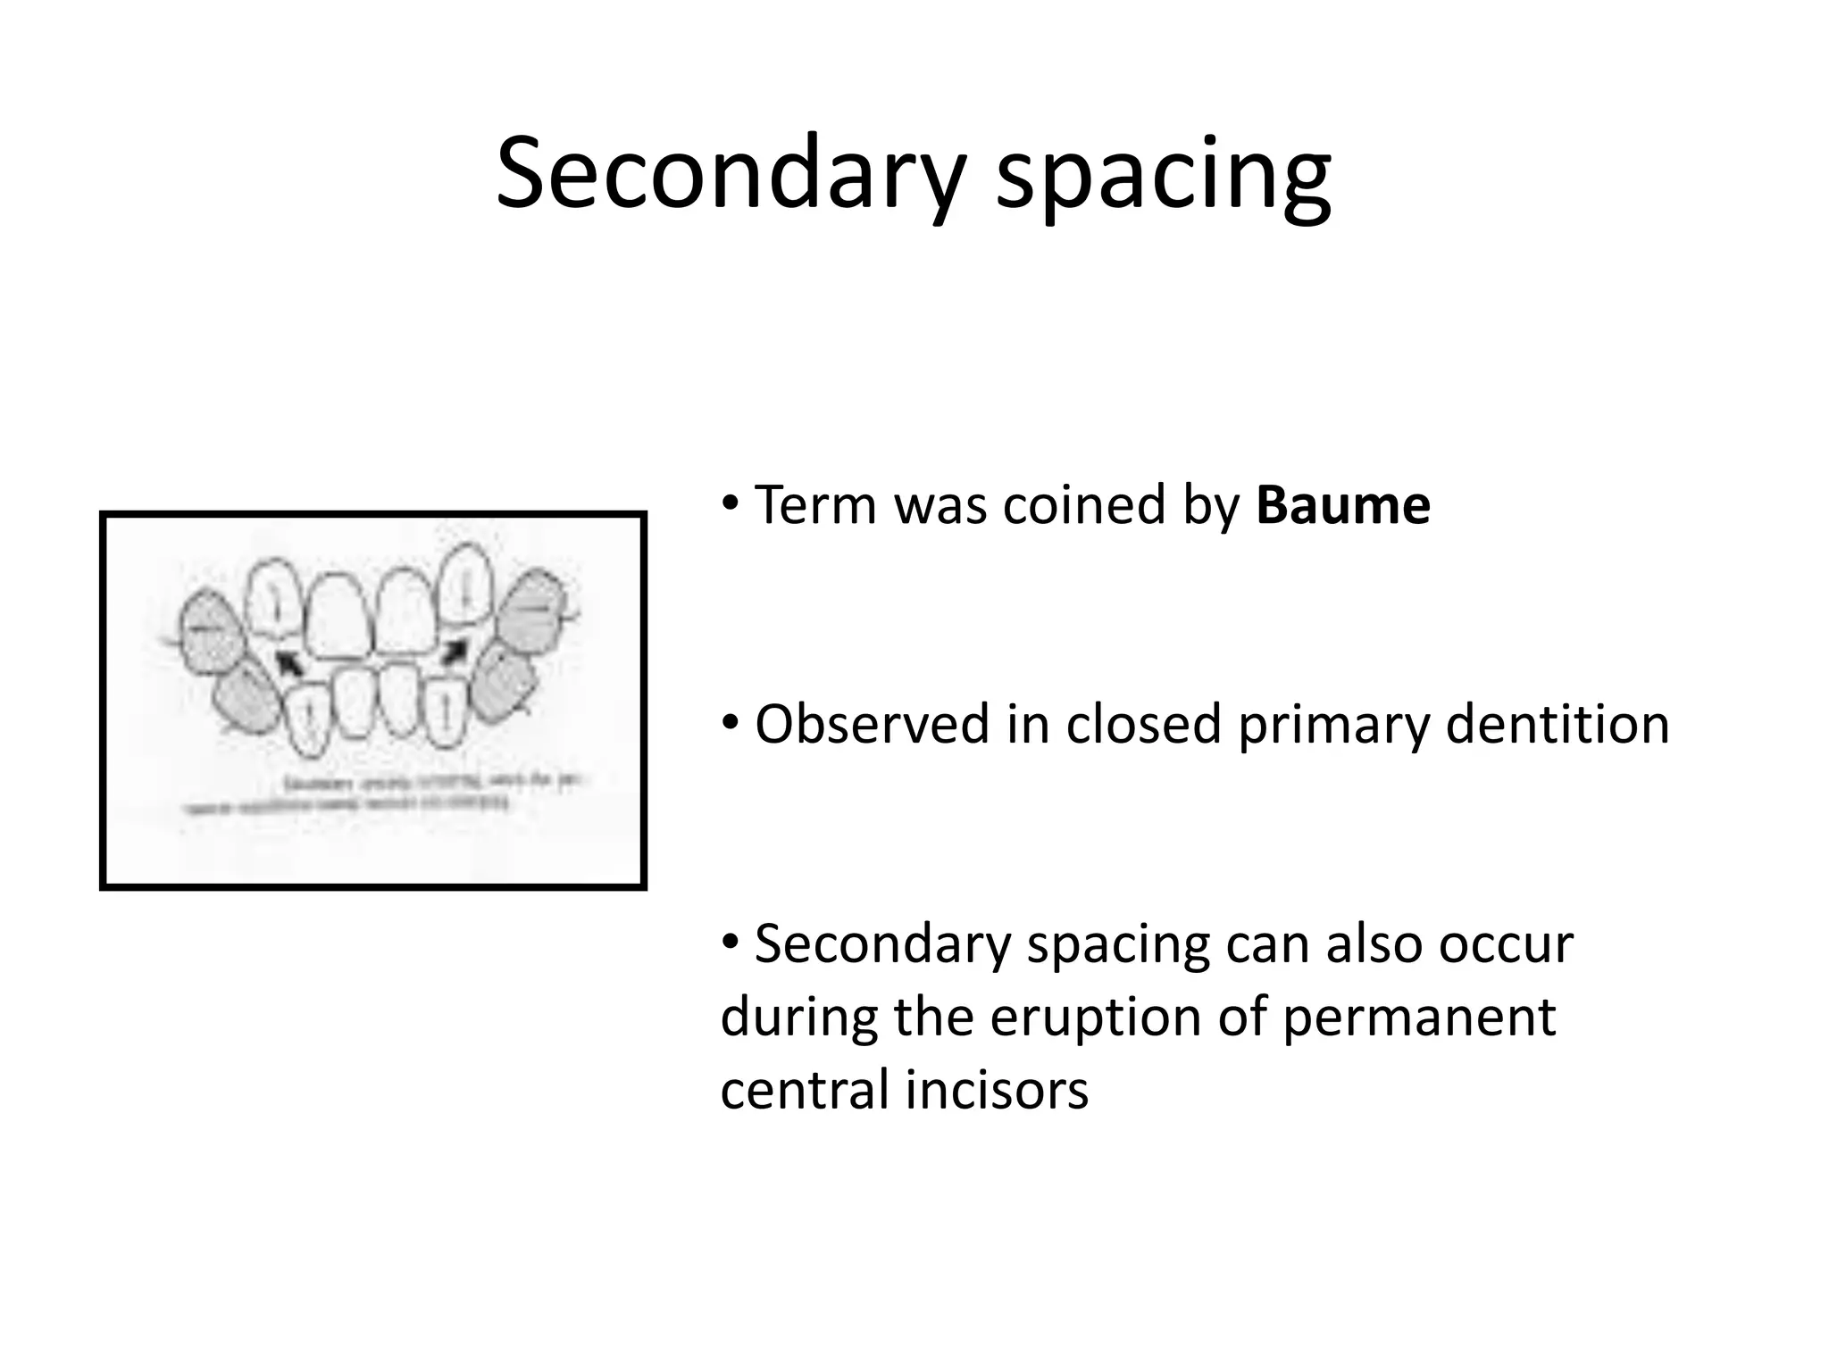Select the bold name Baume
[1342, 506]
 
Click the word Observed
[872, 724]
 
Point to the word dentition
[1557, 724]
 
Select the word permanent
[1419, 1018]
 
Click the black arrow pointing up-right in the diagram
[455, 650]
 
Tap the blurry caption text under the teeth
[384, 794]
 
